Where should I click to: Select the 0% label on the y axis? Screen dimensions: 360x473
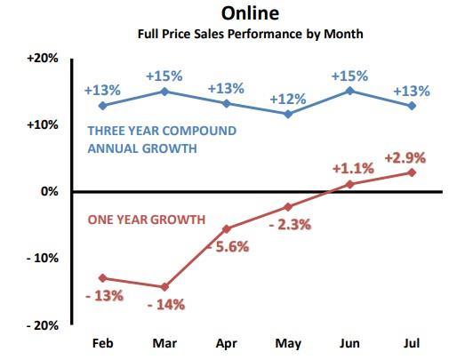tap(51, 191)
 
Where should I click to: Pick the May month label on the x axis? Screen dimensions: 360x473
tap(287, 343)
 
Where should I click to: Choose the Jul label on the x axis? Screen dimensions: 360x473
tap(412, 343)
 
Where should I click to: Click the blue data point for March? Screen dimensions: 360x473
tap(164, 91)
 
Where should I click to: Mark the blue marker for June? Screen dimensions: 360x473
tap(350, 91)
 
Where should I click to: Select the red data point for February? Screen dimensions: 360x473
tap(102, 278)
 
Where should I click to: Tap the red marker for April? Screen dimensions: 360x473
tap(226, 228)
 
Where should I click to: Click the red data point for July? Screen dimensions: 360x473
tap(412, 172)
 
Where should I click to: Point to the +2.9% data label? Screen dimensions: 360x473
tap(405, 157)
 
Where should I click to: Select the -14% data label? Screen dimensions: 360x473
tap(164, 304)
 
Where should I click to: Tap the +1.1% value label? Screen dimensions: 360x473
tap(351, 168)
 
